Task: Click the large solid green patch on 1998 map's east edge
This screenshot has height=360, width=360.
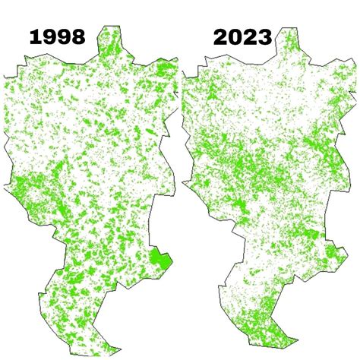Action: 159,261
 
